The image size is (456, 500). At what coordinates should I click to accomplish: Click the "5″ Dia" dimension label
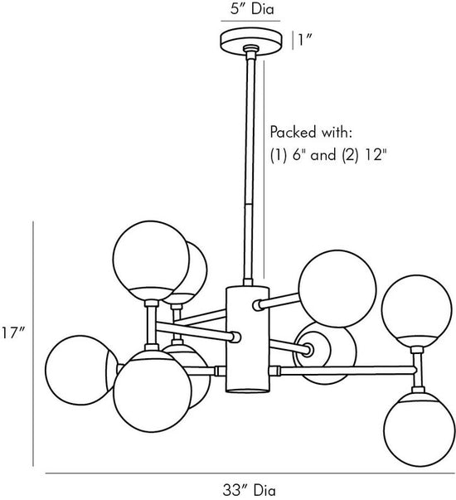click(x=251, y=9)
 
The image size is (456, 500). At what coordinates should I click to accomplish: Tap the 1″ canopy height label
click(x=304, y=40)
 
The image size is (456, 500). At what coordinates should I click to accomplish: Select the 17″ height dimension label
click(x=12, y=333)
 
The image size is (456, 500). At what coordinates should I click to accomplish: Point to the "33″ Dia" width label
click(x=249, y=490)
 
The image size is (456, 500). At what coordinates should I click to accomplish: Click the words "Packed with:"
click(x=311, y=132)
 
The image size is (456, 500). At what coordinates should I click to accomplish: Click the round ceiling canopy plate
click(x=251, y=40)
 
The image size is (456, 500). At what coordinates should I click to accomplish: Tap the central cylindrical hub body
click(x=247, y=340)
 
